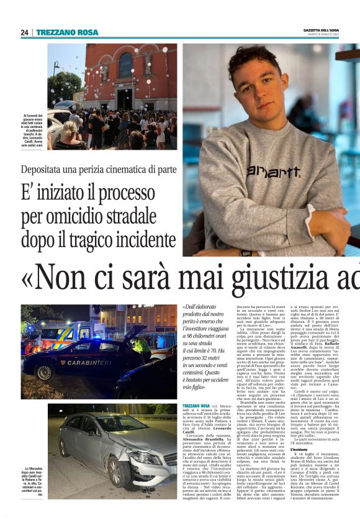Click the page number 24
24,32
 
